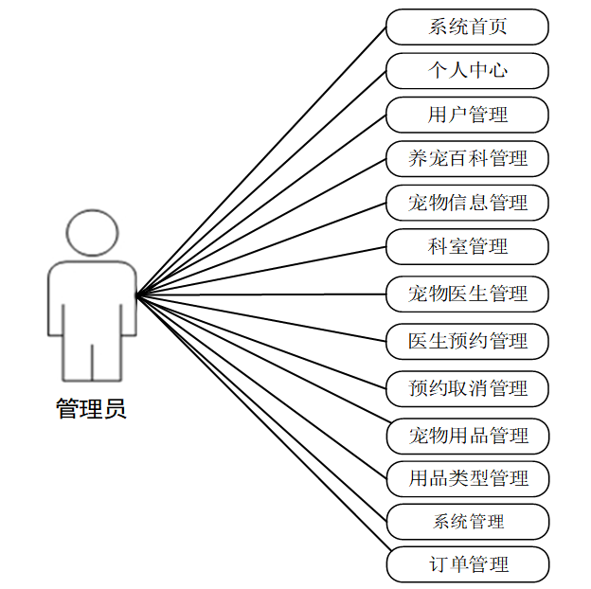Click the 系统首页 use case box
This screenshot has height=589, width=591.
point(467,27)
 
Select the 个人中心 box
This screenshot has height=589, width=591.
point(467,71)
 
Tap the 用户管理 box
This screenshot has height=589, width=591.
point(467,115)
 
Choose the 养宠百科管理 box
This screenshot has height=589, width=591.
point(467,158)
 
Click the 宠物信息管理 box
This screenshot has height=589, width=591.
point(467,203)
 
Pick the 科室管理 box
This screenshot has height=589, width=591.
point(467,246)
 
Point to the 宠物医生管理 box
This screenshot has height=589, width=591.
point(467,294)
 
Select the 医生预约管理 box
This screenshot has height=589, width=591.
point(467,341)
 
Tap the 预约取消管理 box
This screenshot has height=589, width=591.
point(467,388)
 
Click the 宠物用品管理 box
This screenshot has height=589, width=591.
point(467,436)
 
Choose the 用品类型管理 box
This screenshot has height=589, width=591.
point(467,478)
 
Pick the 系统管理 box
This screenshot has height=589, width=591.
point(467,522)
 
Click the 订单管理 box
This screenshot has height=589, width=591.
point(467,565)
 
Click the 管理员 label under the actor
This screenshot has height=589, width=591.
point(91,409)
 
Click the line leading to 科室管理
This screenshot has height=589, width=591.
point(261,271)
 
